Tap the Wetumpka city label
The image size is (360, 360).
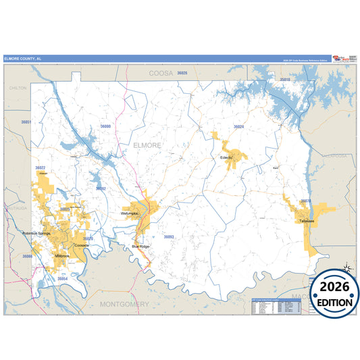(x=130, y=213)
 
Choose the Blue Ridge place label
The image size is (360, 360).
(x=140, y=247)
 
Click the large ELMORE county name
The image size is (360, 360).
(x=147, y=145)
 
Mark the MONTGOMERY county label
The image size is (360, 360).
(x=124, y=305)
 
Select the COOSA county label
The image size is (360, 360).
(x=161, y=72)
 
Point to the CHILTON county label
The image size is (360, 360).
(x=18, y=88)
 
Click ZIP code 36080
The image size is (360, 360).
(x=105, y=126)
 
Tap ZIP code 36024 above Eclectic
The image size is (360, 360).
(x=238, y=126)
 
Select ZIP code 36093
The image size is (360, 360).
(x=169, y=236)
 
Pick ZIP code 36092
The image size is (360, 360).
(x=101, y=188)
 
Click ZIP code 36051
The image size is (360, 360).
(x=26, y=122)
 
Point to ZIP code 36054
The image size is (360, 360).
(x=63, y=278)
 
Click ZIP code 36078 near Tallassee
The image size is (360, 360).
(x=305, y=201)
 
